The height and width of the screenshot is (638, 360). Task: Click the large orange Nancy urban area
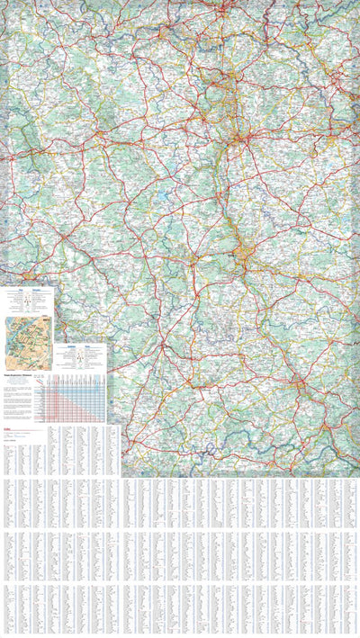click(x=248, y=256)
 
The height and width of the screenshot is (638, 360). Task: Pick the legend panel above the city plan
click(x=27, y=299)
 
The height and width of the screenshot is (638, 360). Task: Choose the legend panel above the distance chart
click(x=82, y=353)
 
